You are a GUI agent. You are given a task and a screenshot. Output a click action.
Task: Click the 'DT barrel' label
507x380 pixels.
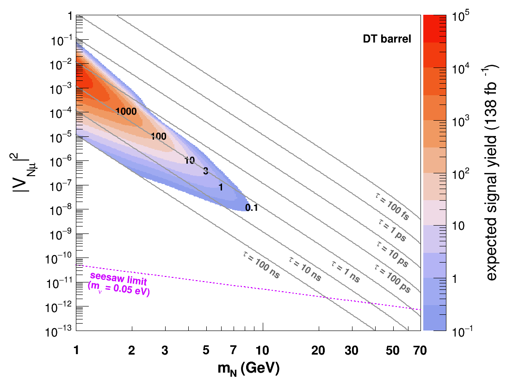point(387,39)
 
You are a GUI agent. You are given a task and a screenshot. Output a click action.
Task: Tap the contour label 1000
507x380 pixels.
point(126,111)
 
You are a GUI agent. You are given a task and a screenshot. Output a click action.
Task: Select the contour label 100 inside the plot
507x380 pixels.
point(159,136)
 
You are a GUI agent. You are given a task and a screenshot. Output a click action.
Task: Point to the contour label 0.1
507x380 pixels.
point(251,208)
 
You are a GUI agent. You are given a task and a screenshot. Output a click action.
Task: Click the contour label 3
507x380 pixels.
point(206,171)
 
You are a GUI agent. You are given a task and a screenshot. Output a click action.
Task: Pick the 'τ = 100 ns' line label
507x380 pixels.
point(261,265)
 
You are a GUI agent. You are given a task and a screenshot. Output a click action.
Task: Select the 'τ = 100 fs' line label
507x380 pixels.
point(392,206)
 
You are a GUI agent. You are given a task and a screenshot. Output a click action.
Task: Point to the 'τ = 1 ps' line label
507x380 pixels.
point(392,230)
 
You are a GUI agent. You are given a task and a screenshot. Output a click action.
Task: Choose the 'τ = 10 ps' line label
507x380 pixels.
point(393,254)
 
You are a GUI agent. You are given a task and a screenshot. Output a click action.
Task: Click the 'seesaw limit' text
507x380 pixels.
point(118,279)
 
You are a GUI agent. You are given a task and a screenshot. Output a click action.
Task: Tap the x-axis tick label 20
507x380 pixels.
point(318,350)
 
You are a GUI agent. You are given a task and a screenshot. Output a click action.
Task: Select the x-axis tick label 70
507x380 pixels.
point(420,350)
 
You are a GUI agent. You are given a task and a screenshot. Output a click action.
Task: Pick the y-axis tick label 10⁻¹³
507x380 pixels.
point(59,331)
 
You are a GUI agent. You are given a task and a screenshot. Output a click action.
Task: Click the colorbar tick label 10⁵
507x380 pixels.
point(461,16)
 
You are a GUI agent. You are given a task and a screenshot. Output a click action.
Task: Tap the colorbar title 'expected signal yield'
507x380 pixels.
point(490,172)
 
